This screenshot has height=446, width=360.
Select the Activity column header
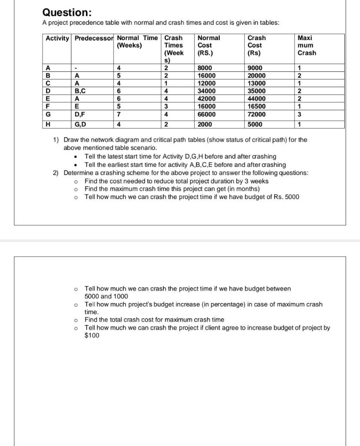click(x=57, y=38)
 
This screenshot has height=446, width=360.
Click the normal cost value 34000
click(x=207, y=91)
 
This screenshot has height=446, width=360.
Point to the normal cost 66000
click(x=207, y=115)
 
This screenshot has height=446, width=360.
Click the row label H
click(x=47, y=124)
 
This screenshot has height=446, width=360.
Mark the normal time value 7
click(x=119, y=115)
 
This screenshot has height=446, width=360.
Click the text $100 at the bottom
click(x=92, y=335)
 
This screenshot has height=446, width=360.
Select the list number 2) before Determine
click(x=56, y=173)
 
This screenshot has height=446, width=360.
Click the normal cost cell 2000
click(x=205, y=124)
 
